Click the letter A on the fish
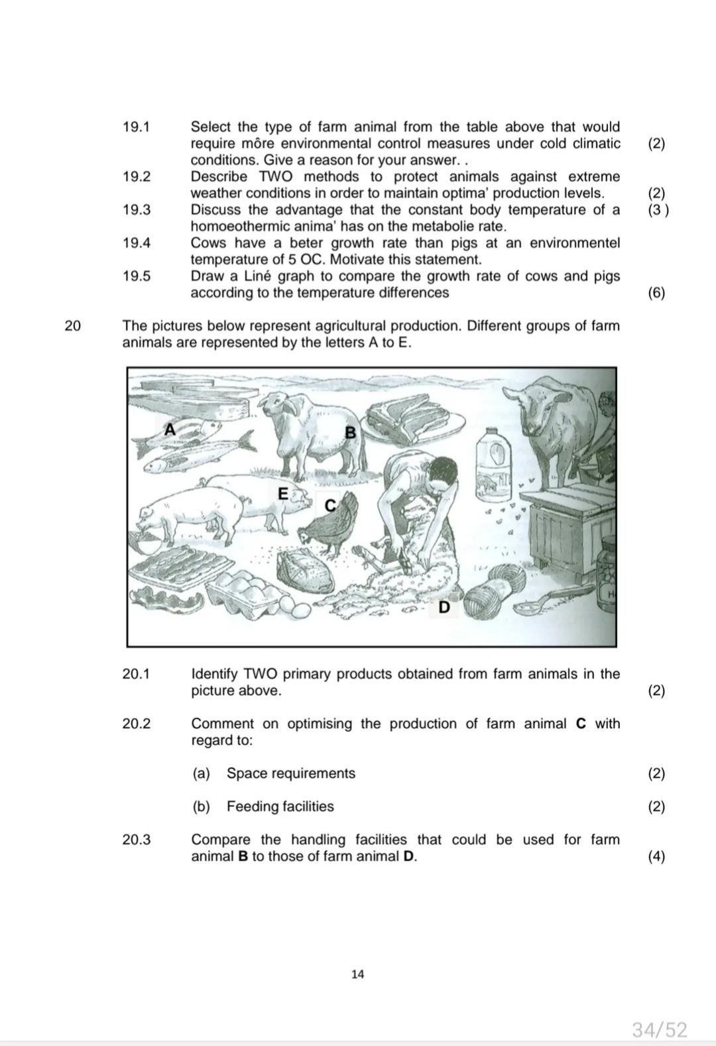pyautogui.click(x=170, y=430)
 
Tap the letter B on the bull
pyautogui.click(x=351, y=433)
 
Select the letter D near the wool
pyautogui.click(x=444, y=607)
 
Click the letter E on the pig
pyautogui.click(x=283, y=494)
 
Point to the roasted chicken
pyautogui.click(x=306, y=571)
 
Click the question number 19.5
pyautogui.click(x=137, y=276)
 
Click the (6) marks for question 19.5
pyautogui.click(x=656, y=293)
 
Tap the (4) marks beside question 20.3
pyautogui.click(x=656, y=856)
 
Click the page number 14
pyautogui.click(x=357, y=974)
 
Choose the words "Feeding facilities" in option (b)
pyautogui.click(x=280, y=807)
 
